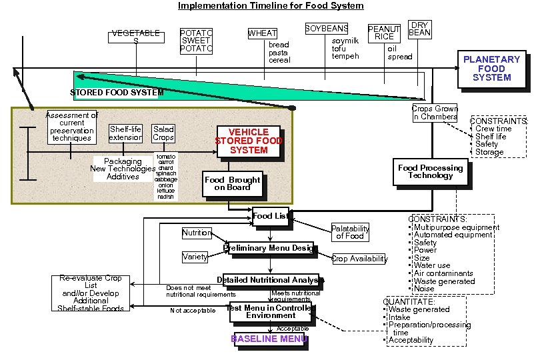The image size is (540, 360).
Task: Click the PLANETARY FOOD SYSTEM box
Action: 491,69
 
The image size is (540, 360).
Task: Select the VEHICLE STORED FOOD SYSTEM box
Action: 248,141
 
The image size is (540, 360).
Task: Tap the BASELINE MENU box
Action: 269,339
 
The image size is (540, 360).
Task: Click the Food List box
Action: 270,215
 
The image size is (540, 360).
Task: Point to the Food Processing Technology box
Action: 430,172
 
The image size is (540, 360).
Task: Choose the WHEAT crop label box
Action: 262,33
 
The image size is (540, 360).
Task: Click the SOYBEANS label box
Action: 327,29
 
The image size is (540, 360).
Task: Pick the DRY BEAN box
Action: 419,29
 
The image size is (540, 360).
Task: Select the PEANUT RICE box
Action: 384,33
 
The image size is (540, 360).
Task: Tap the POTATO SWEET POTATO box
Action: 197,41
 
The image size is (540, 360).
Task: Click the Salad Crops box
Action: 163,133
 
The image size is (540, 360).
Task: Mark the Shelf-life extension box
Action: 125,133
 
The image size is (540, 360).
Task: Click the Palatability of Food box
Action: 350,232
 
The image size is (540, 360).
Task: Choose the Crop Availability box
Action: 359,259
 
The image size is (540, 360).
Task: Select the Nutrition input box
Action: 197,233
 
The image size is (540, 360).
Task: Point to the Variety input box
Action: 195,257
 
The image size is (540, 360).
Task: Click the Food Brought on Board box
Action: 232,183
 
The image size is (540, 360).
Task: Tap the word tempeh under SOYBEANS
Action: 345,56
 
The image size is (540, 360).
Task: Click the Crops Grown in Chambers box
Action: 435,113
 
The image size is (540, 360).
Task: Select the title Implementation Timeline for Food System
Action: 270,6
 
